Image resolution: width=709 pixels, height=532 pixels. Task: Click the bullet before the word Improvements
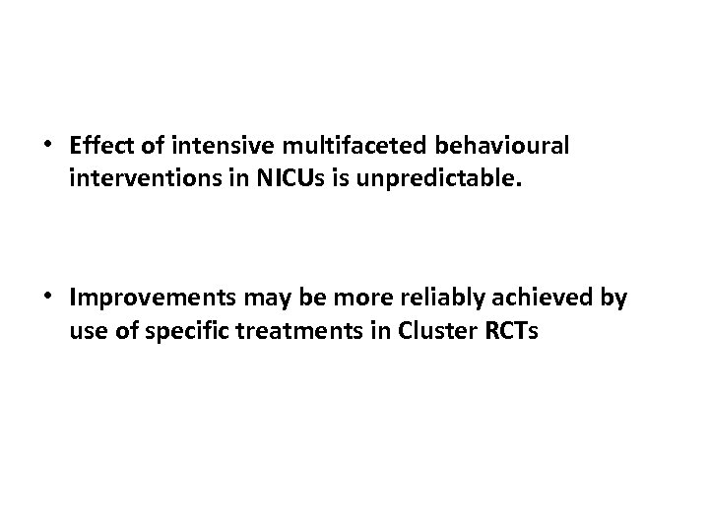(47, 297)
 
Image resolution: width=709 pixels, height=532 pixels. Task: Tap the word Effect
(100, 146)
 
